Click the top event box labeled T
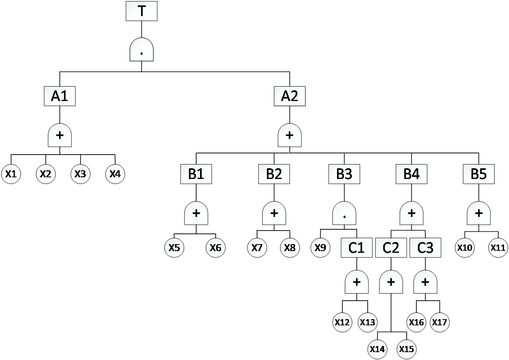(x=141, y=11)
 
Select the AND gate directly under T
(x=141, y=50)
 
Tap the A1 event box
(x=60, y=96)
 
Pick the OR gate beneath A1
(x=60, y=135)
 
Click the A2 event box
(x=290, y=96)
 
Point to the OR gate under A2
(x=290, y=135)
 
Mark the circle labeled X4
(x=115, y=174)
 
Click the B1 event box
(x=196, y=174)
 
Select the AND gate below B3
(x=344, y=213)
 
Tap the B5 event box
(x=478, y=174)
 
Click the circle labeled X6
(x=216, y=248)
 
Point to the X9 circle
(x=320, y=248)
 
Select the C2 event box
(x=391, y=248)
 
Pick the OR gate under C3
(x=425, y=282)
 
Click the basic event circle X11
(x=498, y=248)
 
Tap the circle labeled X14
(x=377, y=349)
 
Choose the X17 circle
(x=439, y=322)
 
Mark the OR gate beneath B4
(x=411, y=213)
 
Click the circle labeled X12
(x=342, y=322)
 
